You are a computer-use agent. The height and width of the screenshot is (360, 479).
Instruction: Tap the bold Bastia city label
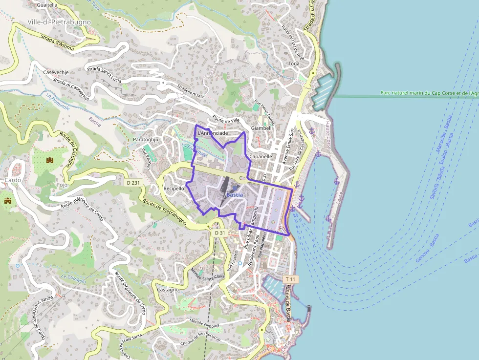point(235,195)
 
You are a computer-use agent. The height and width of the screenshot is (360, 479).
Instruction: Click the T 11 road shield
point(291,279)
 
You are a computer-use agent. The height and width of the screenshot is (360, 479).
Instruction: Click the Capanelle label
point(261,157)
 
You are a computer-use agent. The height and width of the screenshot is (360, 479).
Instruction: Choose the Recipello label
point(174,188)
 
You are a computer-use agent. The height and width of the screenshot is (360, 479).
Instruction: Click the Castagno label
point(168,290)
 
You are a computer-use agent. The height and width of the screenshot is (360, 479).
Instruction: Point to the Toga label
point(294,64)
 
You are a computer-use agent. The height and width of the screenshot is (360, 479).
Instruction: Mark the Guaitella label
point(47,5)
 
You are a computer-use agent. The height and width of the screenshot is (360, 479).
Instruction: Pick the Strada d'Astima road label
point(57,40)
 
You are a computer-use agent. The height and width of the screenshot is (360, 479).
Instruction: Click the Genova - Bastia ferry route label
point(427,248)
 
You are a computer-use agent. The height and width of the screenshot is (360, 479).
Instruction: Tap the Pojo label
point(62,185)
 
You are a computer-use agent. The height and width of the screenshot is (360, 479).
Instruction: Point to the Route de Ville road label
point(226,120)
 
